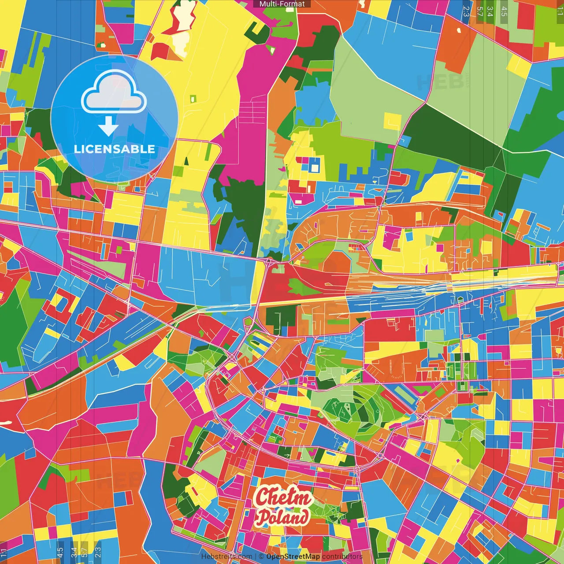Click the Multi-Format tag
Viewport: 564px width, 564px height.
pos(282,4)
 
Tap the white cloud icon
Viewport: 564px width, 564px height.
pos(113,93)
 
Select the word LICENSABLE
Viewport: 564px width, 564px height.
pos(114,149)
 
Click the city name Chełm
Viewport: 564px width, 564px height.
pos(283,497)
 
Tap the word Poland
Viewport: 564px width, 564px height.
pos(283,517)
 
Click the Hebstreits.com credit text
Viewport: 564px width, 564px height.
pos(226,557)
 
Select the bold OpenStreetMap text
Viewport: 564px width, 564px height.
pos(293,557)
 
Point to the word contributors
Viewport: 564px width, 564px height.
pos(342,557)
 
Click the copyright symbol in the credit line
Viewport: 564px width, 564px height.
pos(261,557)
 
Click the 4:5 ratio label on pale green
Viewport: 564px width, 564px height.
pos(504,11)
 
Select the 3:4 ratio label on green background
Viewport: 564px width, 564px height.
pos(490,11)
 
